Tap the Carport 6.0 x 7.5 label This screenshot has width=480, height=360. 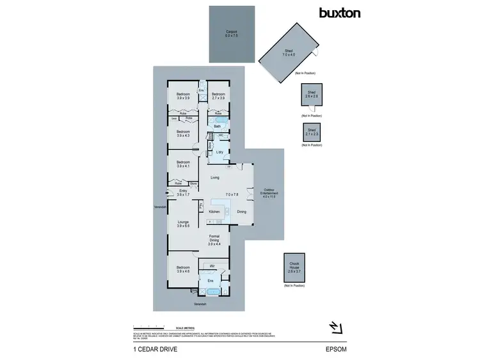click(232, 34)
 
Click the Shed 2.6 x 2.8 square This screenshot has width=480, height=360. click(312, 97)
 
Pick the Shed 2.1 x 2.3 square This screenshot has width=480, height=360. click(312, 132)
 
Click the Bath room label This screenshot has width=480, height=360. click(217, 127)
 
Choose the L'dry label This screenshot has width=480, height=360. click(220, 152)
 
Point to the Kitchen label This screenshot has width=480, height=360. click(214, 212)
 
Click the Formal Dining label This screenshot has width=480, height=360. click(214, 241)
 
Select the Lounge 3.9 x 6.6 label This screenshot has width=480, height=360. click(183, 224)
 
